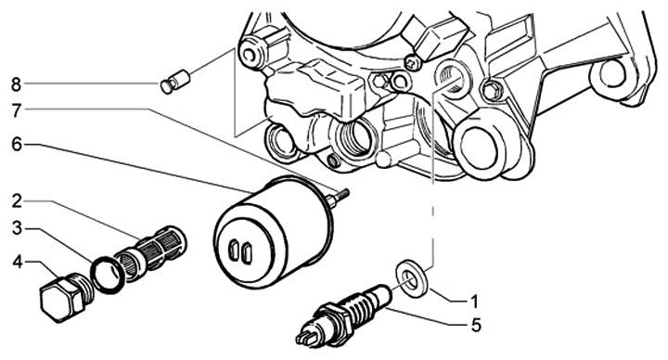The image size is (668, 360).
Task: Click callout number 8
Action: pos(16,84)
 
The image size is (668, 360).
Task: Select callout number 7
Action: pos(16,111)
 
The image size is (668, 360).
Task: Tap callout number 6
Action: pos(16,145)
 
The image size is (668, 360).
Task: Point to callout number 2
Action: pos(17,201)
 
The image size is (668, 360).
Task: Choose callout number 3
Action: pos(17,229)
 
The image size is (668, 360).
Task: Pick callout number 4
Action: pos(17,263)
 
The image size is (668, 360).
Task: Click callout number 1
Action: pos(474,302)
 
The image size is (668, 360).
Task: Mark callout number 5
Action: pos(476,326)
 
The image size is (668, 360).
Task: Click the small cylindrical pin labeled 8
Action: pos(174,81)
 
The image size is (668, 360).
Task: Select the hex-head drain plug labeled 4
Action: pos(66,297)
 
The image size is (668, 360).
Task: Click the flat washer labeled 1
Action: pos(412,277)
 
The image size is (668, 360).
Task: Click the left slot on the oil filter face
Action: pos(234,251)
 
